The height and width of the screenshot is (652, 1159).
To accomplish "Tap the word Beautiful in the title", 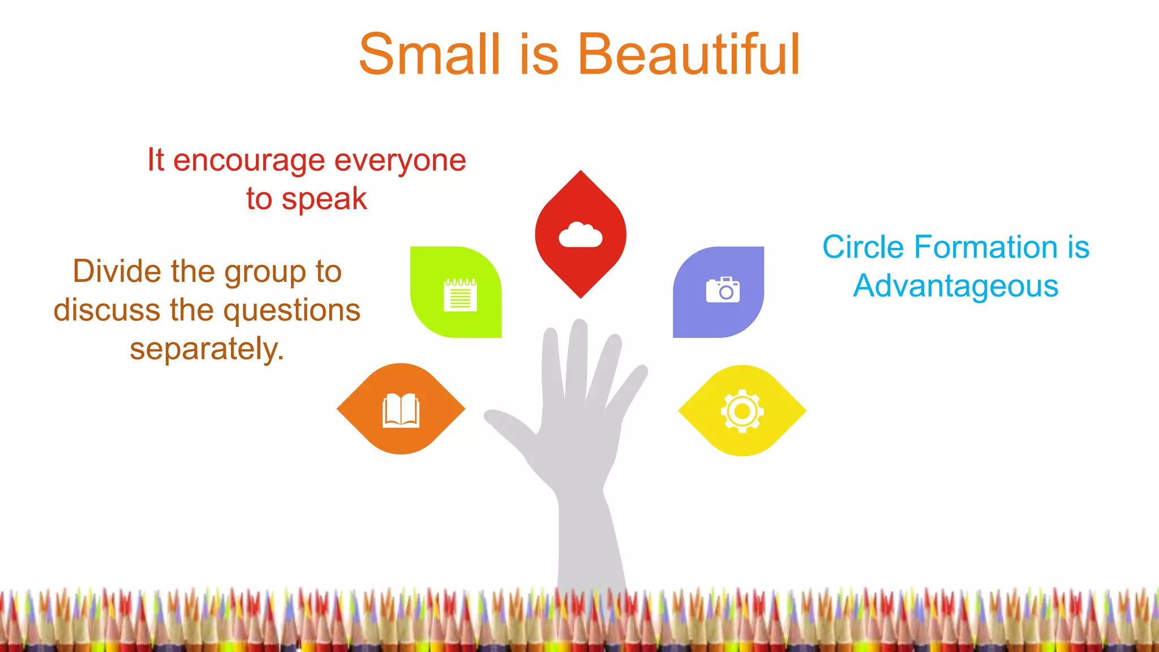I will (x=688, y=54).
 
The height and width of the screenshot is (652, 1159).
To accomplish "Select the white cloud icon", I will (x=580, y=235).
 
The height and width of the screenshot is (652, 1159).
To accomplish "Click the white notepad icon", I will (x=460, y=294).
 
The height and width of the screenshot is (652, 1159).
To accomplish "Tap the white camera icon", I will (x=723, y=290).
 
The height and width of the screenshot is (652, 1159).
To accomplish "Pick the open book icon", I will (x=401, y=410).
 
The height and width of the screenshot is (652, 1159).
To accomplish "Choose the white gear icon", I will (x=742, y=411).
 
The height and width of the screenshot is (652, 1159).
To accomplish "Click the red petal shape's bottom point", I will (x=581, y=296).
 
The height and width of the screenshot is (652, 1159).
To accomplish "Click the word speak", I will (x=324, y=199).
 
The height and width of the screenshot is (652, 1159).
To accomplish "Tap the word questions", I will (x=292, y=310).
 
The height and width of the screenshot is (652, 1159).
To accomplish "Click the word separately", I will (x=207, y=349).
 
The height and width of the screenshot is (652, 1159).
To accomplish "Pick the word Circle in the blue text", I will (x=863, y=247).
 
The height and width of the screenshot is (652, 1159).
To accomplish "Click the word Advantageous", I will (x=956, y=286).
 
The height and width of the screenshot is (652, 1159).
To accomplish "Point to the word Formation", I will (x=986, y=247).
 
